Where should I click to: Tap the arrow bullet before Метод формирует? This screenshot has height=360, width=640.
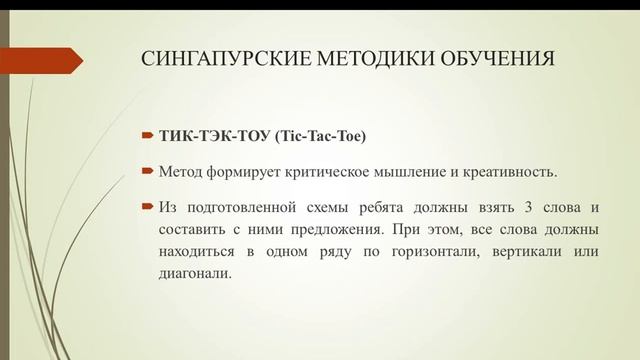(x=146, y=171)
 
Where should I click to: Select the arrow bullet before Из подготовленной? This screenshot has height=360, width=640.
(x=146, y=207)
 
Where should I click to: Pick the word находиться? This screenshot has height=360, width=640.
(x=195, y=249)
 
